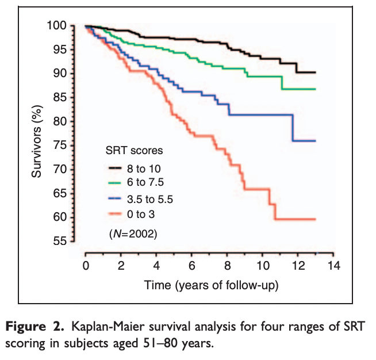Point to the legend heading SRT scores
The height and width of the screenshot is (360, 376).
click(x=134, y=151)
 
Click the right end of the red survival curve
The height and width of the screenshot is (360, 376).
click(x=315, y=219)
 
